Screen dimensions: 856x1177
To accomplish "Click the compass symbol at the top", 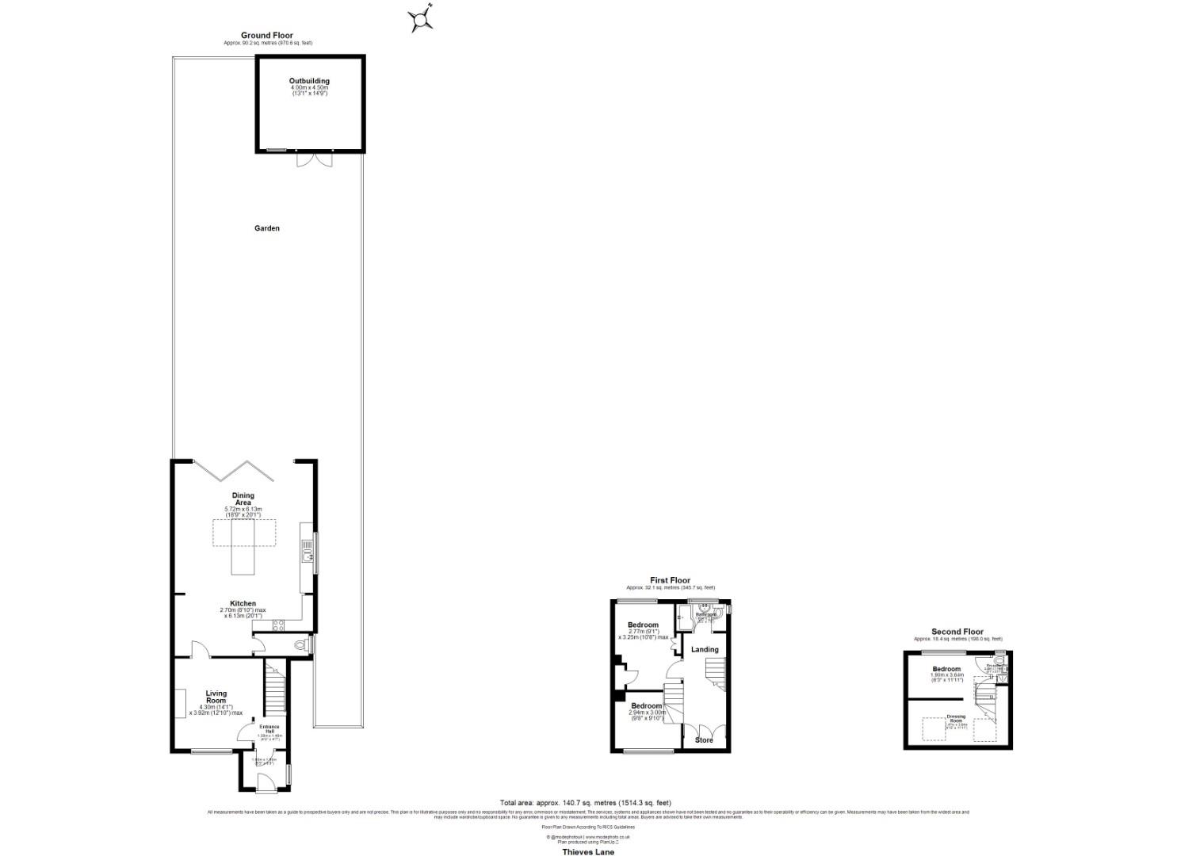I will click(422, 18).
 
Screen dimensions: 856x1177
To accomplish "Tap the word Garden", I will click(267, 228).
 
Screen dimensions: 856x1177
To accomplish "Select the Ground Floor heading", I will click(267, 36).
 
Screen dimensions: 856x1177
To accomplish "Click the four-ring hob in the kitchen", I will click(279, 625).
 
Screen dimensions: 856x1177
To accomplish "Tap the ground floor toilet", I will click(300, 646).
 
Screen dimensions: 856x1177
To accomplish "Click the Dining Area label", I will click(243, 499).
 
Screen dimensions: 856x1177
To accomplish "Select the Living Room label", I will click(216, 697).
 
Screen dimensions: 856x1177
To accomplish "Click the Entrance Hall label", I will click(270, 728).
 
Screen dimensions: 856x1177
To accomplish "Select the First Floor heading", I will click(670, 580).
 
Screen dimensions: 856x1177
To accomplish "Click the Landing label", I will click(705, 650).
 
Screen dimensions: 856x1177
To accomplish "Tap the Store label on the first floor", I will click(704, 740).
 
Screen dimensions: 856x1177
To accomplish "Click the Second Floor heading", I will click(957, 632).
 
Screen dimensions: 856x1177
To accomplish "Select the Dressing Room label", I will click(956, 718).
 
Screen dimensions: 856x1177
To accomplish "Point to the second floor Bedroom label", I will click(946, 669).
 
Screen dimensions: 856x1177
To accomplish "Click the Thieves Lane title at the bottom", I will click(588, 852).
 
